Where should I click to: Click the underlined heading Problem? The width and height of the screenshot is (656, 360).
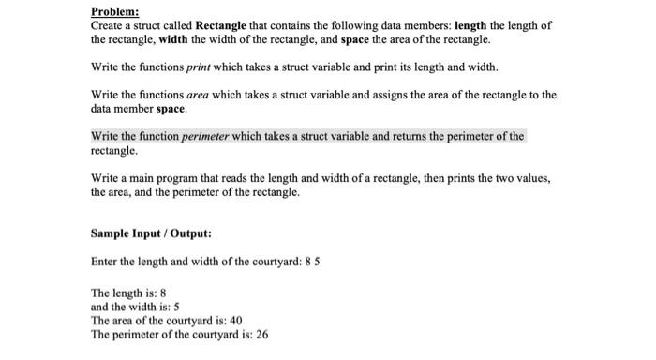tap(114, 11)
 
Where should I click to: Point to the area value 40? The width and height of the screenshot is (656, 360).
tap(236, 320)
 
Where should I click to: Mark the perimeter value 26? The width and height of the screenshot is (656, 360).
tap(261, 334)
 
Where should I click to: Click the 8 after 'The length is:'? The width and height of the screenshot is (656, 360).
tap(163, 292)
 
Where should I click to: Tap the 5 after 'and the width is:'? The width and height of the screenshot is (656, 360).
tap(176, 306)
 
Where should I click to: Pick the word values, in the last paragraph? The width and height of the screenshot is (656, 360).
tap(531, 178)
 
